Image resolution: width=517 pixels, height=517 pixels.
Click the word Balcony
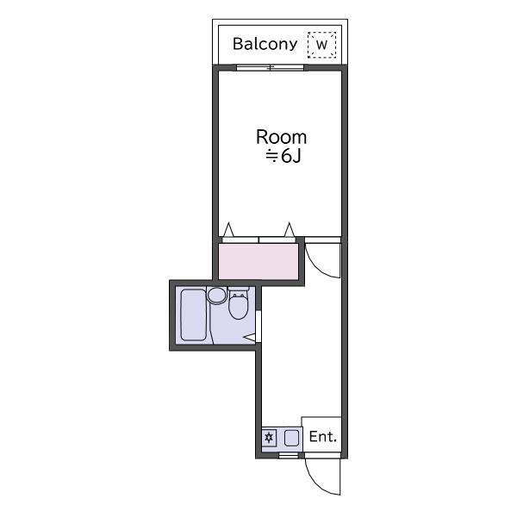tap(265, 44)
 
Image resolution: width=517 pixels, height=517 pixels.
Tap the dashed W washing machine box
tap(321, 45)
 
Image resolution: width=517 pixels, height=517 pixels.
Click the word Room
tap(281, 137)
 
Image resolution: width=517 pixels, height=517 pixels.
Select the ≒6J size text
tap(283, 156)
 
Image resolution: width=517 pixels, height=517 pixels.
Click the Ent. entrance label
tap(323, 437)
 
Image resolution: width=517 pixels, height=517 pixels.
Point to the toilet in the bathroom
tap(238, 305)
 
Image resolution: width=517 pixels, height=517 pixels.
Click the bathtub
tap(194, 315)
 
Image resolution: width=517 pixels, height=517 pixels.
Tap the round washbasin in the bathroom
tap(216, 295)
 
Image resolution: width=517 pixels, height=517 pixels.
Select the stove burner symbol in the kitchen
tap(269, 438)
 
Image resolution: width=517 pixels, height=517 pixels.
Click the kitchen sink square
tap(291, 438)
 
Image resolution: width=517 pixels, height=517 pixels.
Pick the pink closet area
tap(258, 261)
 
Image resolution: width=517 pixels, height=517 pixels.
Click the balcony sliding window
tap(270, 67)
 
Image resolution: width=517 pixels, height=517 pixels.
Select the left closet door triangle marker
tap(228, 230)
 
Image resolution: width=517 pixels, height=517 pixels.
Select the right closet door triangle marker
tap(290, 230)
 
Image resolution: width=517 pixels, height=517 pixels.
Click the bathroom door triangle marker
tap(249, 337)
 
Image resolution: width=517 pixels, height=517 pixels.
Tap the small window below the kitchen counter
tap(288, 455)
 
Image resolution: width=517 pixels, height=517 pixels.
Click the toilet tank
tap(238, 290)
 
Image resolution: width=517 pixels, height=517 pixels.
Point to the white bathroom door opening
tap(258, 327)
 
